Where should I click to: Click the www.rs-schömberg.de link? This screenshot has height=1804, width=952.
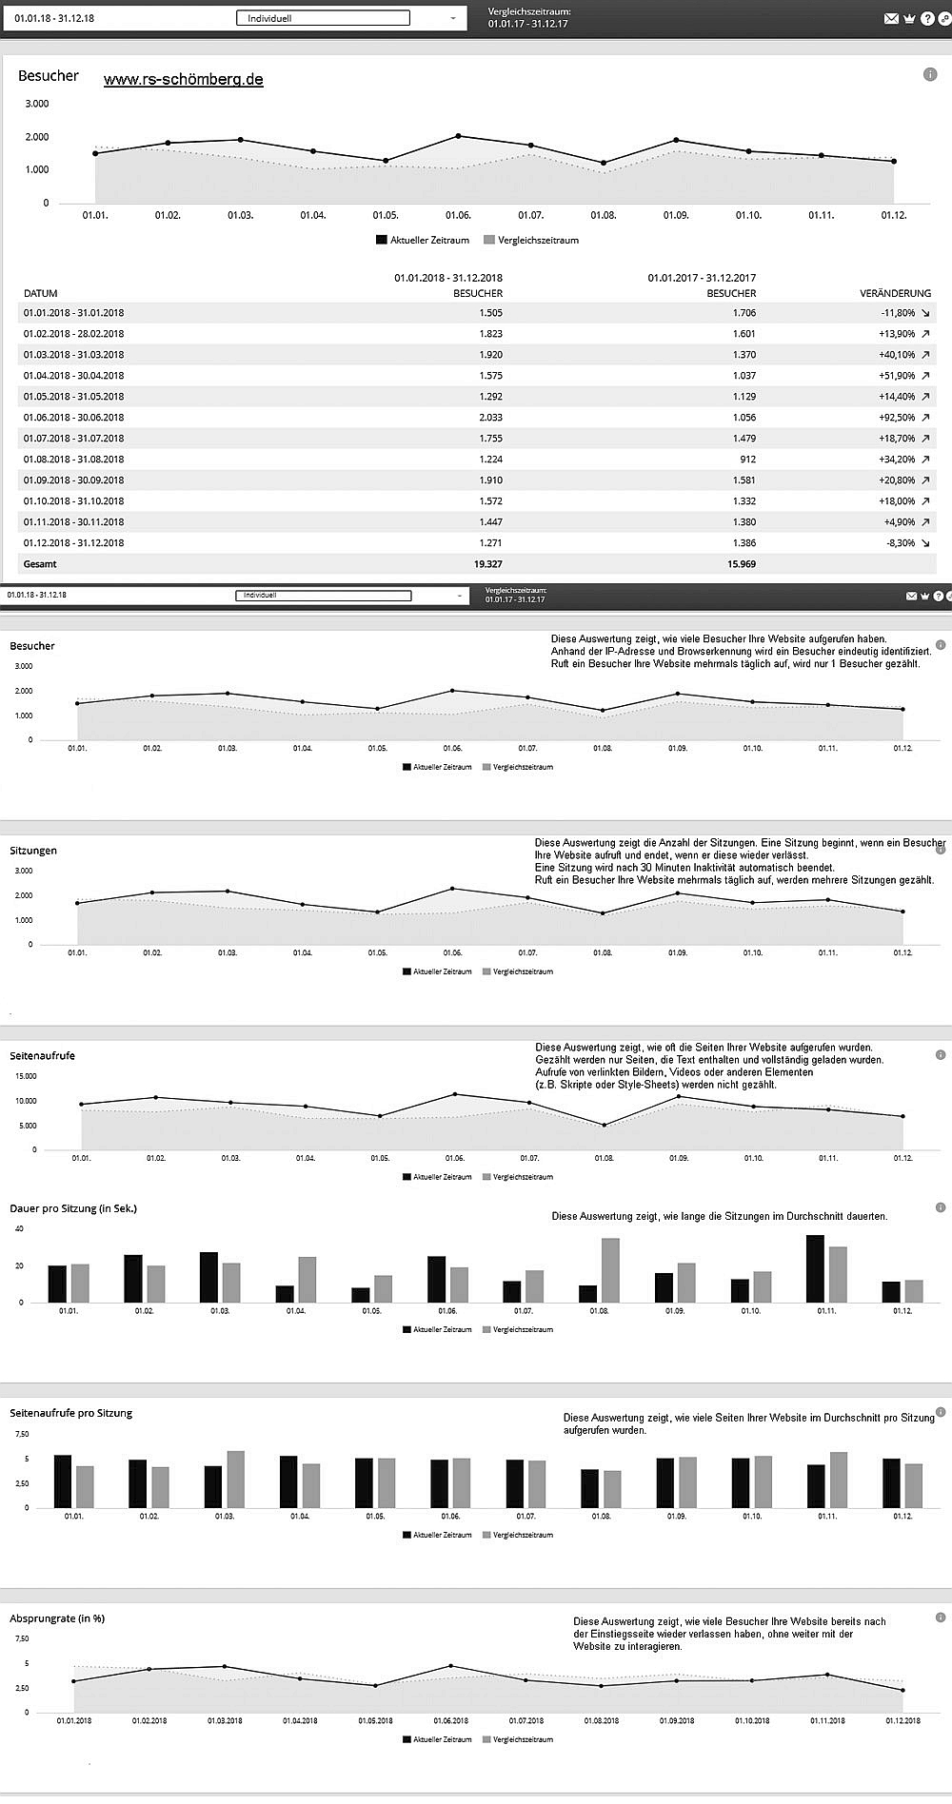[x=183, y=80]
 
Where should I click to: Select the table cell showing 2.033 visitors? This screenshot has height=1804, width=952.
[x=490, y=417]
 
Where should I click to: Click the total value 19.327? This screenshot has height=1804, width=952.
[x=487, y=563]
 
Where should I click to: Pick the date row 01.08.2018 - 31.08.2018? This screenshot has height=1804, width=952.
[x=73, y=459]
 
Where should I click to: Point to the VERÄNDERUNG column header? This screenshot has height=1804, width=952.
[x=895, y=293]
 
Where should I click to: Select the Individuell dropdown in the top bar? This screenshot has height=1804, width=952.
[x=323, y=18]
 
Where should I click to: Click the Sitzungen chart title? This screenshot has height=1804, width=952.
[x=33, y=851]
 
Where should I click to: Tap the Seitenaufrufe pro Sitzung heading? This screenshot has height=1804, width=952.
[x=70, y=1413]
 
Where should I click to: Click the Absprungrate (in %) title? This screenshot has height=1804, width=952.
[x=57, y=1618]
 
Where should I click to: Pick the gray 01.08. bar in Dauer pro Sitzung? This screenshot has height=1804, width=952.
[x=610, y=1270]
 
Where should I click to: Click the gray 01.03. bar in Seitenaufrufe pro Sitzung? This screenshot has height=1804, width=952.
[x=235, y=1479]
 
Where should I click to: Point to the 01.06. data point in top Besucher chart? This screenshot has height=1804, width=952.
[x=458, y=136]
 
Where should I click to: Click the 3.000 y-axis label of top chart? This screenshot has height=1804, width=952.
[x=37, y=104]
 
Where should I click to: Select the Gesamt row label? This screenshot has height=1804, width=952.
[x=40, y=563]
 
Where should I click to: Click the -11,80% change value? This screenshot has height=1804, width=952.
[x=896, y=312]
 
